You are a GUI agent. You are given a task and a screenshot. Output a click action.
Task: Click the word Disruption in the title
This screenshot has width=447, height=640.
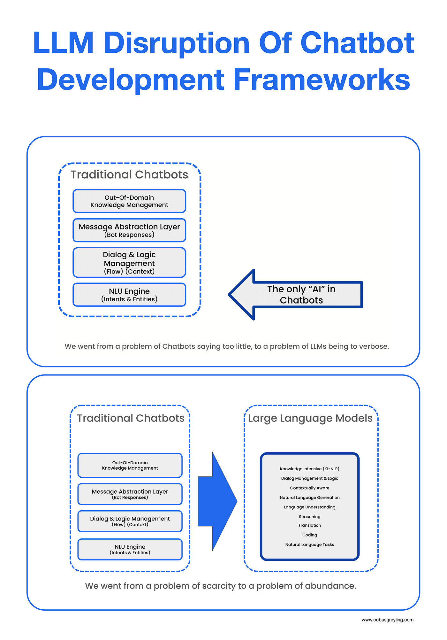[176, 43]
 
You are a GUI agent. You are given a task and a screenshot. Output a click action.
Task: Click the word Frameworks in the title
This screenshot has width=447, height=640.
[322, 80]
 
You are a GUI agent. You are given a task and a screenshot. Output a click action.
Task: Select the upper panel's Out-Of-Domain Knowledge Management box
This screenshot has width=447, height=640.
[129, 201]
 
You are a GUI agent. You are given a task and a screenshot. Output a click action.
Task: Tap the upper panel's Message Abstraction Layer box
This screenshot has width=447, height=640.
[129, 230]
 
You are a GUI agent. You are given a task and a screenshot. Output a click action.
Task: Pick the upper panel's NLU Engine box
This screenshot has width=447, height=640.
[129, 295]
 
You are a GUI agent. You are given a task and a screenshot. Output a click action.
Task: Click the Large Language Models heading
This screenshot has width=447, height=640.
[310, 418]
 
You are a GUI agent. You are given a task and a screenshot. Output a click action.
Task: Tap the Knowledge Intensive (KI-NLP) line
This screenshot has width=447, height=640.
[309, 469]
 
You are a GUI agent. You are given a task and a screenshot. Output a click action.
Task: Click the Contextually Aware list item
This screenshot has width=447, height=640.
[309, 488]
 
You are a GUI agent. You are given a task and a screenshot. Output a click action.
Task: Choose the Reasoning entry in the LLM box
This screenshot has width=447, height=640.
[309, 517]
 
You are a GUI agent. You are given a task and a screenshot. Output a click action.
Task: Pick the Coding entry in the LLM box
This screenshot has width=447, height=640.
[309, 535]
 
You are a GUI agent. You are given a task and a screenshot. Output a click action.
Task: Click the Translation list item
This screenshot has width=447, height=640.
[309, 525]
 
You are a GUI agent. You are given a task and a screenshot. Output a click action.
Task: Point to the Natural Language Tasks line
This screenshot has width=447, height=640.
[309, 544]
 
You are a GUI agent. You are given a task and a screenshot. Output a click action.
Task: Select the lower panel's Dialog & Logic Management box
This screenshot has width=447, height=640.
[130, 521]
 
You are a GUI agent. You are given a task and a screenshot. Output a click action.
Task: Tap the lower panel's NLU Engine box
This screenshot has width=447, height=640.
[130, 549]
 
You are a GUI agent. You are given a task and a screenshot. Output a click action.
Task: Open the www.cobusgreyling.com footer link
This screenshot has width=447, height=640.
[387, 620]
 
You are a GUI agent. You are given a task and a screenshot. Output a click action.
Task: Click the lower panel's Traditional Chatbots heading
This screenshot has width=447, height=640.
[131, 418]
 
